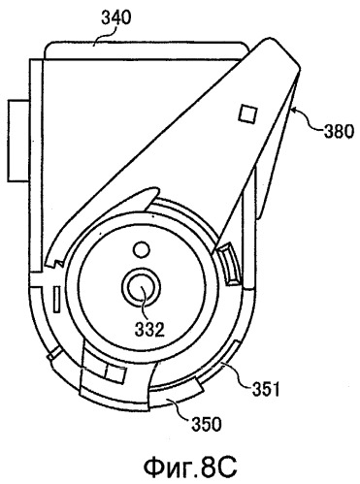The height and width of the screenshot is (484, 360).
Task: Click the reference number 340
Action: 116,17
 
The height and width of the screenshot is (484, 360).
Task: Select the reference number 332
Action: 149,330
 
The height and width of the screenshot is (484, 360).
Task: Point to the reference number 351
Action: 265,390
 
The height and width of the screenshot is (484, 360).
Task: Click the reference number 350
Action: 207,424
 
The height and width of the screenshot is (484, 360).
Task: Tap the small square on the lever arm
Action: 248,114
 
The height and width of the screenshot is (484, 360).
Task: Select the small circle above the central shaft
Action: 142,249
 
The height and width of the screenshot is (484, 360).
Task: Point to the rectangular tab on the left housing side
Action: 18,140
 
